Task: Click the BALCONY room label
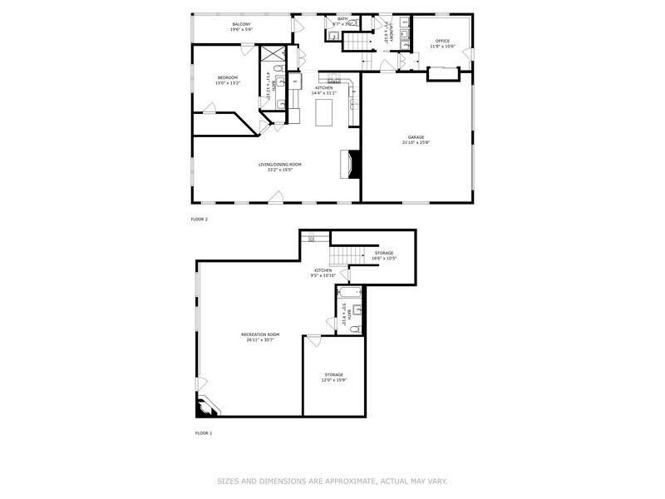[x=242, y=25]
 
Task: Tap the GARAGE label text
[x=416, y=137]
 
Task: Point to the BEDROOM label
[x=227, y=77]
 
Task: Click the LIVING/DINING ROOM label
[x=279, y=165]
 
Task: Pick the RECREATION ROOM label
[x=260, y=334]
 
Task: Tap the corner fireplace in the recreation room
[x=204, y=406]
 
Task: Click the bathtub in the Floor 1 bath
[x=349, y=292]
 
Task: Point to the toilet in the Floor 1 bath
[x=355, y=329]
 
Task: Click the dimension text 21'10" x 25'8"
[x=416, y=143]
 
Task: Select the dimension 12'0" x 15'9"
[x=333, y=380]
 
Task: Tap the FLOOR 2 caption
[x=199, y=219]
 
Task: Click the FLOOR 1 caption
[x=204, y=433]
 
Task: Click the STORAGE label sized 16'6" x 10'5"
[x=382, y=253]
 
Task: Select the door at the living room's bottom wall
[x=277, y=197]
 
